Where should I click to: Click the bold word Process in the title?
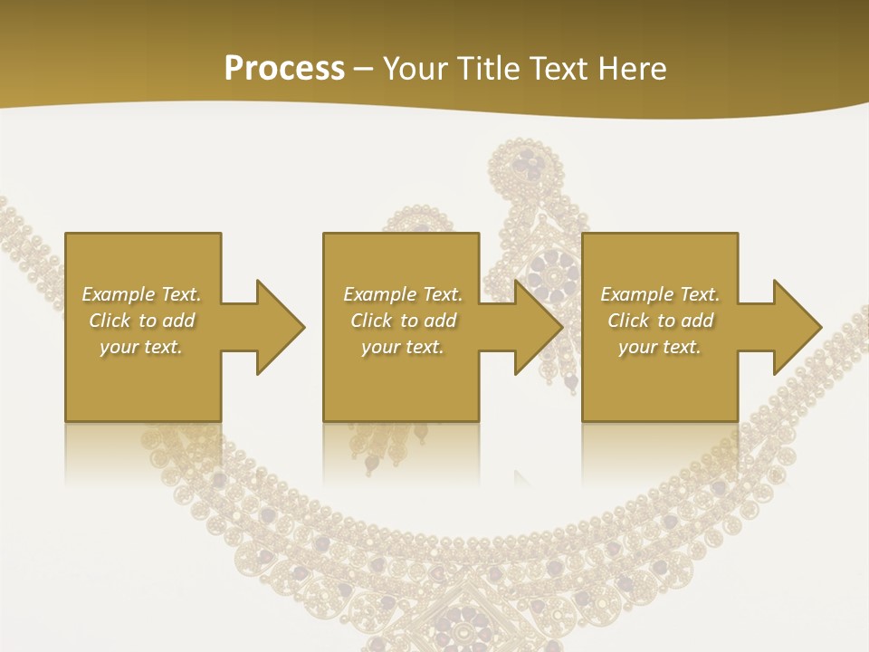[x=284, y=69]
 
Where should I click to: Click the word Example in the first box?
[x=118, y=294]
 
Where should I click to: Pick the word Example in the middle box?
[x=379, y=294]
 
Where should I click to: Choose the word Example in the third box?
[x=636, y=294]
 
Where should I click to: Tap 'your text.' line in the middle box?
[x=402, y=347]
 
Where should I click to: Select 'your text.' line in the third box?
[x=659, y=347]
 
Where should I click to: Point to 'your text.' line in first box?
[x=141, y=347]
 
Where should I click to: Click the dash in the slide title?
[x=364, y=69]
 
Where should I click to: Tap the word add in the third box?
[x=697, y=321]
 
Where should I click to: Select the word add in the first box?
[x=178, y=321]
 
